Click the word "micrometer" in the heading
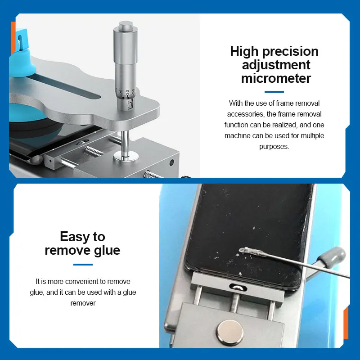pyautogui.click(x=276, y=78)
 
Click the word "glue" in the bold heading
pyautogui.click(x=107, y=251)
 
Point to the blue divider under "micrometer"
pyautogui.click(x=274, y=92)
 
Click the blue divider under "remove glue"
pyautogui.click(x=83, y=265)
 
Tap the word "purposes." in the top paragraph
pyautogui.click(x=274, y=147)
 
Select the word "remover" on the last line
pyautogui.click(x=83, y=303)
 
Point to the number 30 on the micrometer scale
pyautogui.click(x=127, y=92)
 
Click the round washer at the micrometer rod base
pyautogui.click(x=126, y=156)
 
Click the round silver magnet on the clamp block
pyautogui.click(x=230, y=332)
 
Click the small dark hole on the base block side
pyautogui.click(x=171, y=162)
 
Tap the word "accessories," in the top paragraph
pyautogui.click(x=246, y=114)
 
